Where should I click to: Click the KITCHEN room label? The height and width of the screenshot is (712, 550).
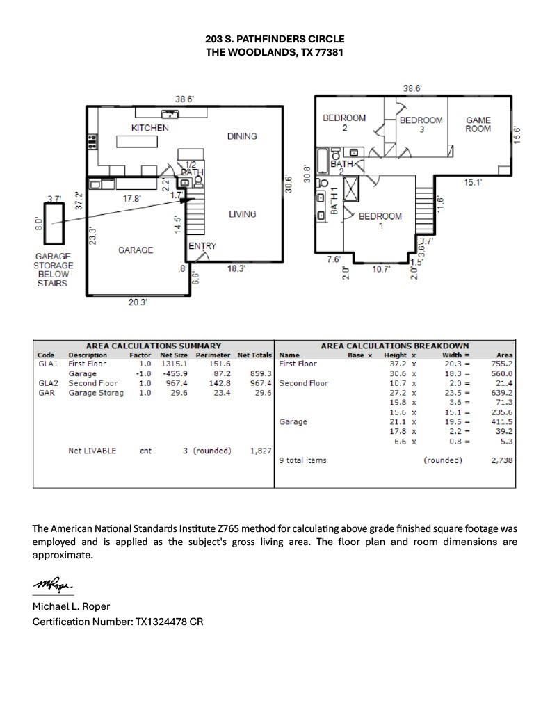point(150,128)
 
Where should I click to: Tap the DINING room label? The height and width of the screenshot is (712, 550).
point(242,136)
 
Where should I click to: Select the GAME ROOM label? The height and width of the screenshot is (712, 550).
point(478,124)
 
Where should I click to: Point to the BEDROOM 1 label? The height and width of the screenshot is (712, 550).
point(380,220)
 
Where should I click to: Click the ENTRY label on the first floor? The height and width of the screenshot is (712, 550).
point(202,245)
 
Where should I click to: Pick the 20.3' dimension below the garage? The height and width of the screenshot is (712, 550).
point(137,302)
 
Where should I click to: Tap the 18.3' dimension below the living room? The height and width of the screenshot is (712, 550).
point(236,268)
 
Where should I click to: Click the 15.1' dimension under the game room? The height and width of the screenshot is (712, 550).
point(473,182)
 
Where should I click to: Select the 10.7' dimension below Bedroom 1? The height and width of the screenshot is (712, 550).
point(382,269)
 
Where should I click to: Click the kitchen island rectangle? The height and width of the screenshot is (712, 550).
point(137,142)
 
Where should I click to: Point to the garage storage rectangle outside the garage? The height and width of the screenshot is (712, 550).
point(54,224)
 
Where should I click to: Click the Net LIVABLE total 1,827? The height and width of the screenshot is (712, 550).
point(261,451)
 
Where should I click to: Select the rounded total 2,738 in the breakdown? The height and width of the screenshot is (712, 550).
point(502,460)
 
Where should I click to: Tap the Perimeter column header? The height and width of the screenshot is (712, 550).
point(213,355)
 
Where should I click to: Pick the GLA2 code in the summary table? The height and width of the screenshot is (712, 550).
point(48,383)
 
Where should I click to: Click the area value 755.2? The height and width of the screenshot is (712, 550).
point(502,364)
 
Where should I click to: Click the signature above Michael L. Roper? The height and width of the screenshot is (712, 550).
point(52,585)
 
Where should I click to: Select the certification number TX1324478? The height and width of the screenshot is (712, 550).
point(161,622)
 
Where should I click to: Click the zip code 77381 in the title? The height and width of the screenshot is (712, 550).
point(329,51)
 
